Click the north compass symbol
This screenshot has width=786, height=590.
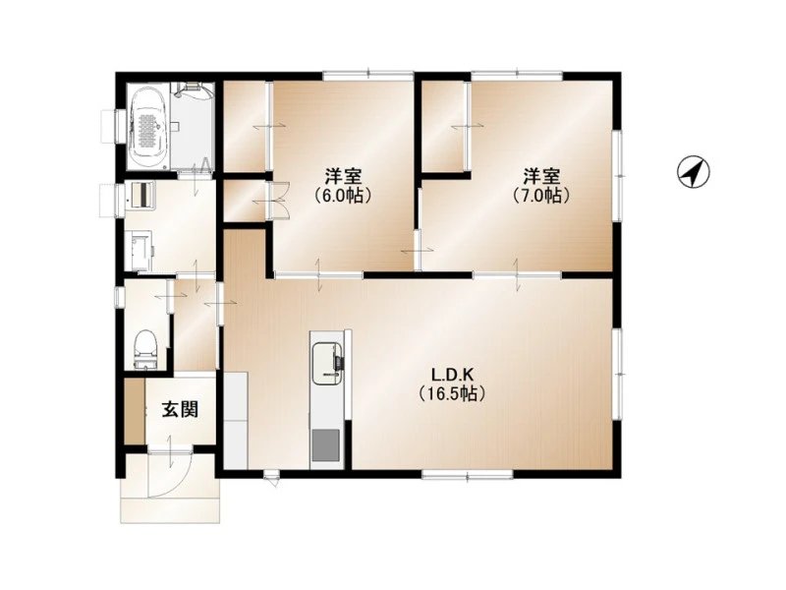tap(694, 172)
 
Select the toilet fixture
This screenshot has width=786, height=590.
tap(145, 349)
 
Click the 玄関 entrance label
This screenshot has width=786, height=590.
tap(180, 410)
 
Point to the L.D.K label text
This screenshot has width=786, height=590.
tap(452, 375)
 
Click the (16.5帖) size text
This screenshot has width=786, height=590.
tap(452, 393)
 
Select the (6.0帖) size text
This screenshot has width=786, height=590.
tap(343, 195)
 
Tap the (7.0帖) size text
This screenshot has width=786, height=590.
tap(541, 195)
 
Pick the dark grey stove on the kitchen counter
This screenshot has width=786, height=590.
tap(326, 445)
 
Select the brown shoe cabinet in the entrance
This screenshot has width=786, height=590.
tap(135, 411)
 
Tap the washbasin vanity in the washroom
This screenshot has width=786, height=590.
tap(141, 195)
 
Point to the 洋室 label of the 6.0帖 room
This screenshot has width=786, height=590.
tap(343, 177)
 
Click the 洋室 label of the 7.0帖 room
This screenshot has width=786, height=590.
tap(541, 177)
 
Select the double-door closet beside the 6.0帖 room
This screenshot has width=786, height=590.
tap(244, 201)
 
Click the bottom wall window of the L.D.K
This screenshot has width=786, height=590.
tap(468, 474)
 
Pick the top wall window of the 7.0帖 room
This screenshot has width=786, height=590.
tap(517, 76)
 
